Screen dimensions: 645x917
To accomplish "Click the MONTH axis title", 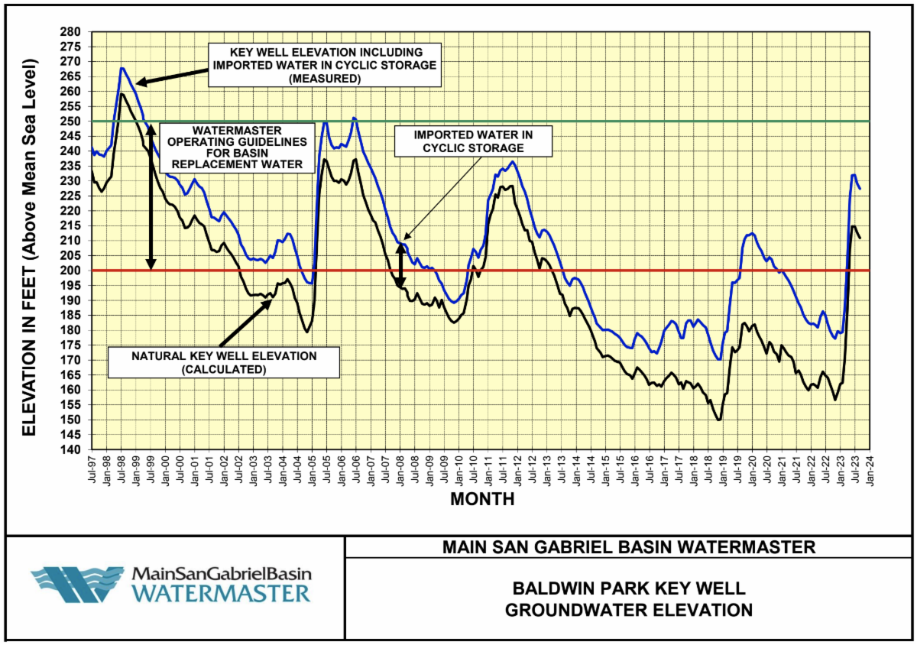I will coord(481,500).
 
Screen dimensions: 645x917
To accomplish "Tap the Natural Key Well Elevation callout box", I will coord(223,361).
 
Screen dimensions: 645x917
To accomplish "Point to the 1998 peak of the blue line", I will coord(122,68).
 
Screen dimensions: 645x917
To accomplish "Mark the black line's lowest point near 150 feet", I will coord(718,420).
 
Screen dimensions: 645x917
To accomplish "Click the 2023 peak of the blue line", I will coord(854,175).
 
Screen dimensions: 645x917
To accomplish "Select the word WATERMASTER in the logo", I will coord(222,593).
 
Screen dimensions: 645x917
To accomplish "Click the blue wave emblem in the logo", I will coord(77,585).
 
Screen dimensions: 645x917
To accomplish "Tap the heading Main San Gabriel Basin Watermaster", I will coord(629,547).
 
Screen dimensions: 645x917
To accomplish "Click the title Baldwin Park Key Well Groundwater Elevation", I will coord(629,599).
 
